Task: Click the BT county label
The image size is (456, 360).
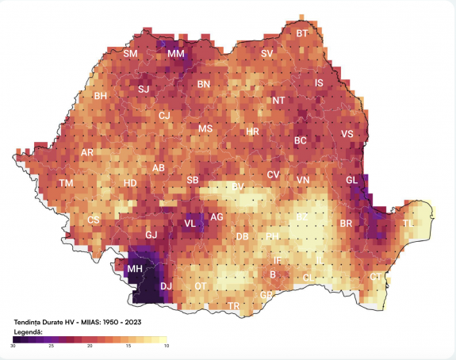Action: coord(302,33)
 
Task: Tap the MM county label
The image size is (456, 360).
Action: coord(175,54)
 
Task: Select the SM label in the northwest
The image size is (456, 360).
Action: coord(130,54)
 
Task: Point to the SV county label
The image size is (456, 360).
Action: coord(267,54)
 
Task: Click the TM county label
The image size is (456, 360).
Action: coord(66,183)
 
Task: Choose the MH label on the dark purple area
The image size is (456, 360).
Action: coord(135,270)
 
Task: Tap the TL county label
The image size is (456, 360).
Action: coord(408,224)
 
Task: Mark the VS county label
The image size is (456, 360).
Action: coord(347,134)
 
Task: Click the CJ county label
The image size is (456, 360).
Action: coord(164,116)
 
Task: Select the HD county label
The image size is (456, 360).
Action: coord(130,184)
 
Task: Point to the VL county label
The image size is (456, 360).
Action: coord(190,224)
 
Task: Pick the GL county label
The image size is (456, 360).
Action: coord(352,180)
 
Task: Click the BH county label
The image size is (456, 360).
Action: coord(101,96)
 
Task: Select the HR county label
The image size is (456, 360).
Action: coord(252,131)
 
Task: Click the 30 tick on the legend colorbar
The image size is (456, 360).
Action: coord(13,347)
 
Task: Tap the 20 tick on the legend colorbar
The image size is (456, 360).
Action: coord(90,347)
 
